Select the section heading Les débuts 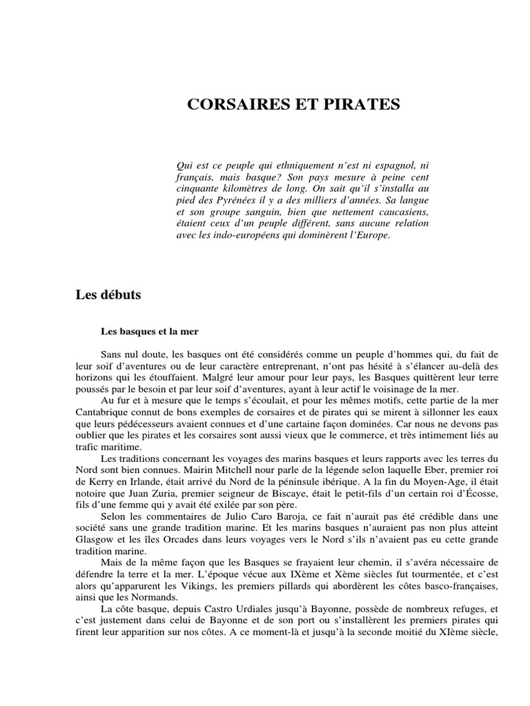tap(108, 295)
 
